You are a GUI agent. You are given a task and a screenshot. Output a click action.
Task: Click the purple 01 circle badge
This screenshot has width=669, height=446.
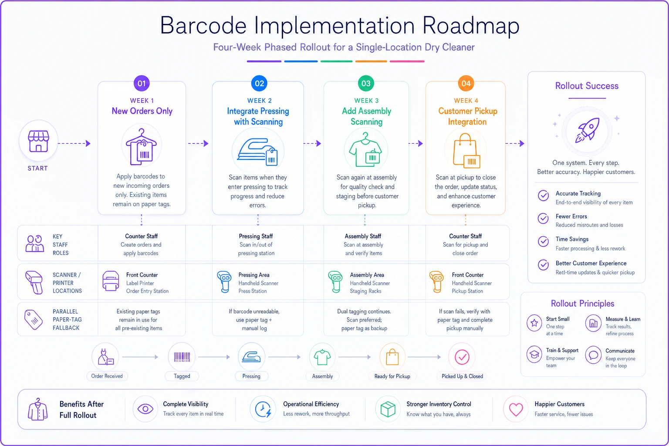click(x=142, y=83)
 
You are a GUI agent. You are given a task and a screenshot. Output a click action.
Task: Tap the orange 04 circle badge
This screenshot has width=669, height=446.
click(x=466, y=83)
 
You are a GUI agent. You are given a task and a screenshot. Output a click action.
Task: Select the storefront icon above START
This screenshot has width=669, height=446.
click(x=38, y=141)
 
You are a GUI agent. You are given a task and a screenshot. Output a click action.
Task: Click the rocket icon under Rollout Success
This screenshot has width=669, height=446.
click(x=587, y=130)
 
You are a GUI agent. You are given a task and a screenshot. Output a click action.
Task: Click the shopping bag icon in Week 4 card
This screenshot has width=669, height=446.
click(x=466, y=151)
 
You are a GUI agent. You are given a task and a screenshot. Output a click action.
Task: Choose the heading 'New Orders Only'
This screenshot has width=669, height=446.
click(x=142, y=111)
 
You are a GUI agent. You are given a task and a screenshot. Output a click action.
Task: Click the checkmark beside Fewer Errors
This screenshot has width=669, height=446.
click(x=543, y=218)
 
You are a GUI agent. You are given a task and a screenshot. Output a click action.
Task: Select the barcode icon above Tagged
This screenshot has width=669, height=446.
click(x=182, y=357)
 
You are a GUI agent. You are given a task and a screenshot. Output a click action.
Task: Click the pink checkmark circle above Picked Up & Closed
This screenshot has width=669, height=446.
click(x=462, y=357)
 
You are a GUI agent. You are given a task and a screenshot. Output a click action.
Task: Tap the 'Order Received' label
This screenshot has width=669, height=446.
click(x=107, y=376)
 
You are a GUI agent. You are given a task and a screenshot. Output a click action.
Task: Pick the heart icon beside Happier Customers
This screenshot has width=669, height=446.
click(x=516, y=409)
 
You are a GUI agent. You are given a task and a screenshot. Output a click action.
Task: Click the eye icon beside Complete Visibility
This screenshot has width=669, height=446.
click(x=145, y=409)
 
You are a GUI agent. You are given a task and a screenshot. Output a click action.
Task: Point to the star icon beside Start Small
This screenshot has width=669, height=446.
click(x=534, y=323)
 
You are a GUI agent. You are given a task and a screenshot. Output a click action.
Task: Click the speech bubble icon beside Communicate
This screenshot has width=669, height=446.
click(x=593, y=355)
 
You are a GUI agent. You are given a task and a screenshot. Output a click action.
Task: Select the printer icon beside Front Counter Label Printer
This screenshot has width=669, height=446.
click(x=111, y=281)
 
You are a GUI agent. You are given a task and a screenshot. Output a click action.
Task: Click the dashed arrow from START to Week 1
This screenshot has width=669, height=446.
click(x=74, y=143)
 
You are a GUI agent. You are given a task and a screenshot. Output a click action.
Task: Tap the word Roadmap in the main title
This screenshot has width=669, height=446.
click(x=471, y=26)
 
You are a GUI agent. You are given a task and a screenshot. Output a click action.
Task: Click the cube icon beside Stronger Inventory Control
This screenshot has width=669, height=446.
click(x=388, y=409)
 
